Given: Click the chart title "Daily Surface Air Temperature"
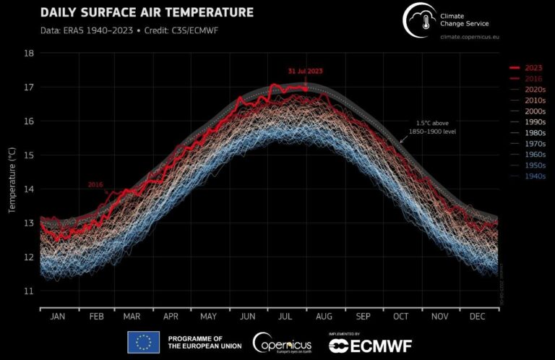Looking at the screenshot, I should click(147, 12).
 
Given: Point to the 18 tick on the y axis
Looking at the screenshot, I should click(29, 53).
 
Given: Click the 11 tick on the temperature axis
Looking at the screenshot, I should click(29, 291).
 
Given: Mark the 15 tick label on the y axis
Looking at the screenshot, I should click(29, 155).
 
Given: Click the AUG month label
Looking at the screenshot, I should click(323, 316).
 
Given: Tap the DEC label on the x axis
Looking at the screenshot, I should click(478, 316).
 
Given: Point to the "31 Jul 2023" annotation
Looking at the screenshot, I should click(306, 71).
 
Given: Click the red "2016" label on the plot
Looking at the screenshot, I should click(96, 184).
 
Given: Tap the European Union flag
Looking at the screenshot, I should click(143, 342).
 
